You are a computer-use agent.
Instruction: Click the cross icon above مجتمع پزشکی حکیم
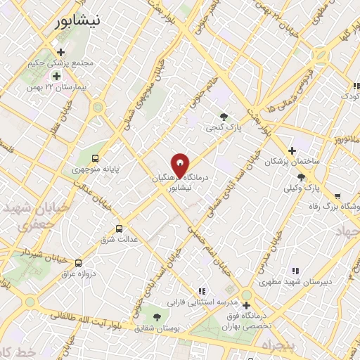point(61,52)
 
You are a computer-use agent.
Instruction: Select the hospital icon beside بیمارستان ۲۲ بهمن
point(56,75)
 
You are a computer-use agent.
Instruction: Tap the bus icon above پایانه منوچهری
point(95,158)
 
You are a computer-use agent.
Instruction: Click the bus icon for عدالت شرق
point(118,229)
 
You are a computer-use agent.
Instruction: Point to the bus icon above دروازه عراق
point(77,262)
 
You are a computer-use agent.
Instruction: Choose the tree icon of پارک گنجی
point(224,117)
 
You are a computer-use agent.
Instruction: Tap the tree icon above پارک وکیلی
point(302,178)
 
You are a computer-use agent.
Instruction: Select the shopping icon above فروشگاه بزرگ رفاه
point(338,196)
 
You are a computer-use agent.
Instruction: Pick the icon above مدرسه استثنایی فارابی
point(202,291)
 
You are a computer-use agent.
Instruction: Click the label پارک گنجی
point(224,128)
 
